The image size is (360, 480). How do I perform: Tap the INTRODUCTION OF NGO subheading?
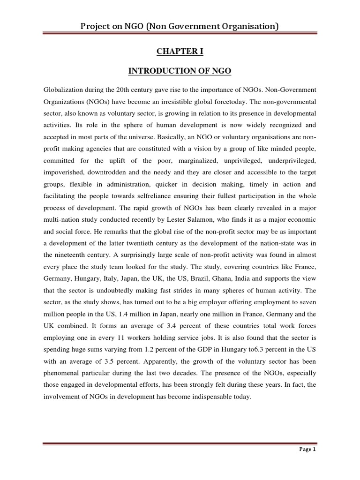click(x=180, y=71)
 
